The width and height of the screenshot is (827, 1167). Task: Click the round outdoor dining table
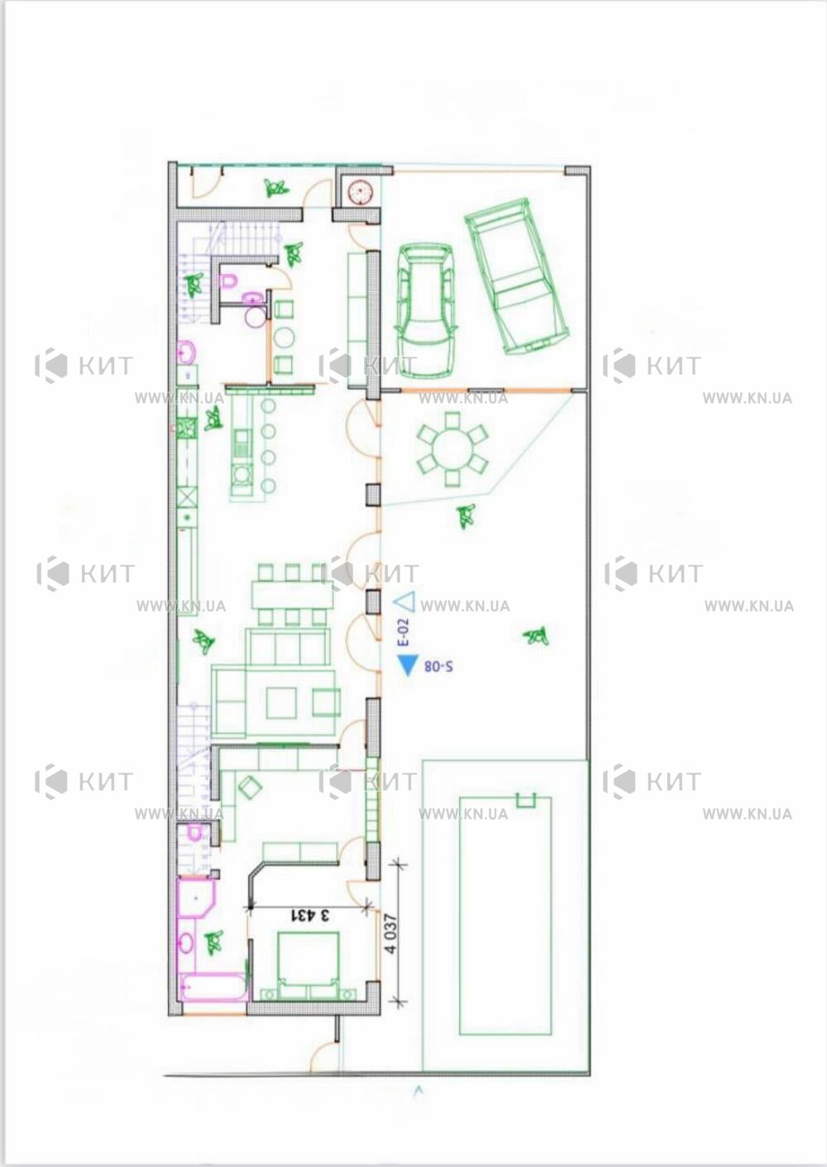pos(452,448)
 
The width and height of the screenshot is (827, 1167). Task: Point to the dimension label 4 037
pos(390,933)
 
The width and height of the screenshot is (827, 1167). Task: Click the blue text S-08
pos(438,666)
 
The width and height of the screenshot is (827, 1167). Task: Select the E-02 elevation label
pos(404,632)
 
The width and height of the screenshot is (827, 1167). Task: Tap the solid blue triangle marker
pos(408,665)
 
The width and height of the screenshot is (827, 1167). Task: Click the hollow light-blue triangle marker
pos(404,601)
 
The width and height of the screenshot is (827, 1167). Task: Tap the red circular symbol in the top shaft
pos(360,191)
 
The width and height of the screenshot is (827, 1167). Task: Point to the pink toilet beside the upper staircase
pos(228,282)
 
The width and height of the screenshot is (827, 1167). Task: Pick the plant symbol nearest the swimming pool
pos(536,635)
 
